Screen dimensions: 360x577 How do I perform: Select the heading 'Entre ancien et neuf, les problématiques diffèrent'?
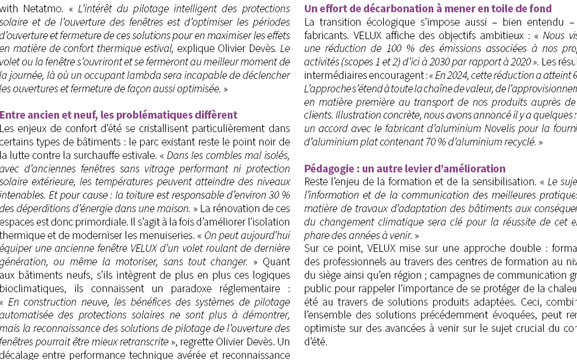point(119,115)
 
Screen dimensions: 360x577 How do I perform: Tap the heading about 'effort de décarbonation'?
point(427,9)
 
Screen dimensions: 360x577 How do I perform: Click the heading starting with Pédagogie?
point(405,169)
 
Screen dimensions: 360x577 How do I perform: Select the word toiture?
point(152,194)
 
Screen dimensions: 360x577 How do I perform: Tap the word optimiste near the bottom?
point(326,328)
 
